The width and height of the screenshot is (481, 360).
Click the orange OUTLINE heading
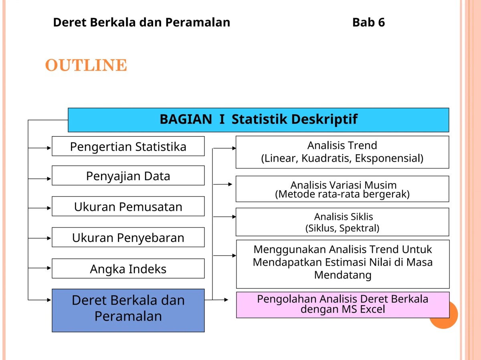86,65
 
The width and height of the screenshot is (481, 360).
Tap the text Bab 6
369,22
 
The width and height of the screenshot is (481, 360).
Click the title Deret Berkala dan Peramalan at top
141,22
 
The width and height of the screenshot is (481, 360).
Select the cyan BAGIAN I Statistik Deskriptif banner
259,120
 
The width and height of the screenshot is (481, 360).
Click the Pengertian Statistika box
128,146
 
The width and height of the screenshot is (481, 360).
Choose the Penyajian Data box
128,175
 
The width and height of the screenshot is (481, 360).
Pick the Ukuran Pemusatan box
128,206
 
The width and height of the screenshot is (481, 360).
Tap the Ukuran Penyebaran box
128,237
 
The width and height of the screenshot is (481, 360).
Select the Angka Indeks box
128,269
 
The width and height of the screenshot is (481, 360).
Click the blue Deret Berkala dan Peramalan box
128,310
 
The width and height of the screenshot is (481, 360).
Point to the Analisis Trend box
342,152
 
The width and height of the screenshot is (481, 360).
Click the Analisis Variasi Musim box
342,189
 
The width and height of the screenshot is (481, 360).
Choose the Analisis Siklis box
342,222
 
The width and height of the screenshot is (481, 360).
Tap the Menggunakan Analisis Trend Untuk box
343,264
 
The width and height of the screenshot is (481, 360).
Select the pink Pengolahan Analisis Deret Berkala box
343,305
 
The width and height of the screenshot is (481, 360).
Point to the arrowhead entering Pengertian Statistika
49,148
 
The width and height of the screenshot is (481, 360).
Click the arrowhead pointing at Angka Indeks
49,268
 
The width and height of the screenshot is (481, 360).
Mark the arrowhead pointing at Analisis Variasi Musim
230,184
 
